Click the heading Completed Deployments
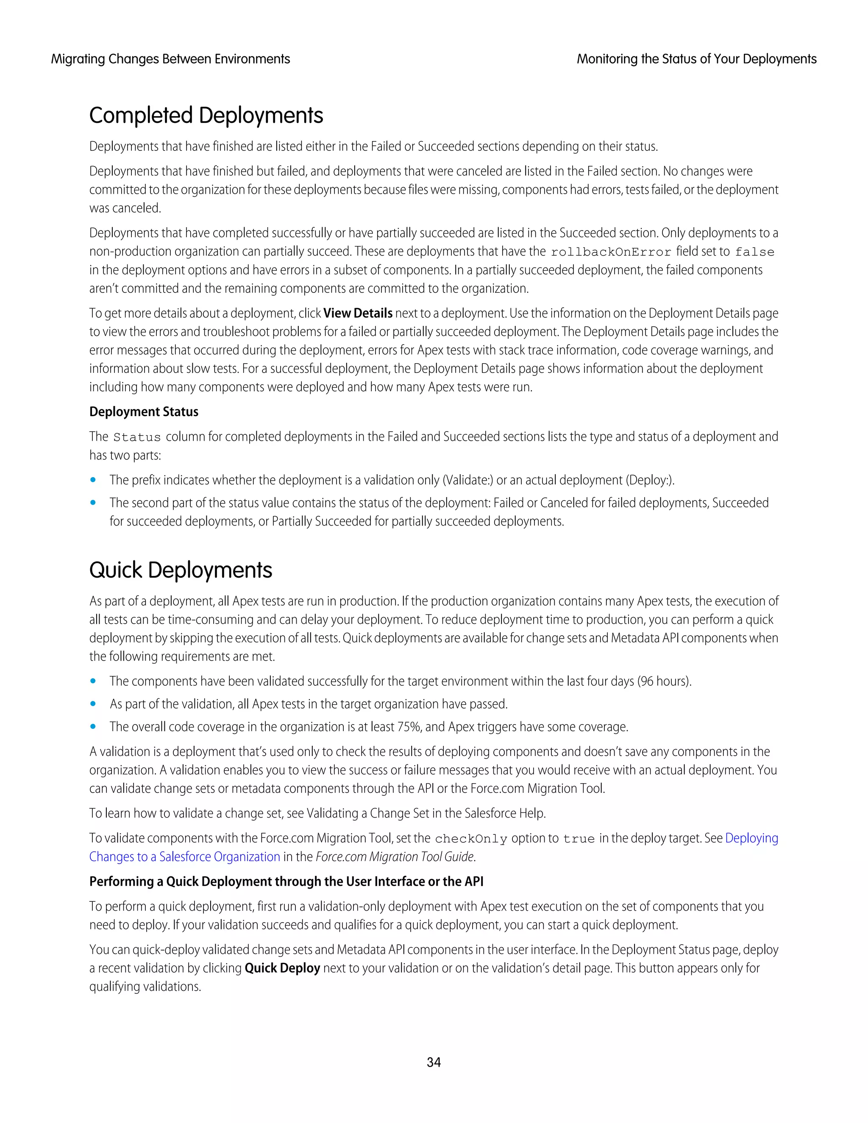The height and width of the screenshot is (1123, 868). [x=206, y=115]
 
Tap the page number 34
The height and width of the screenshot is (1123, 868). [x=434, y=1062]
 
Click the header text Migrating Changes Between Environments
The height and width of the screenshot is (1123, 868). [x=170, y=59]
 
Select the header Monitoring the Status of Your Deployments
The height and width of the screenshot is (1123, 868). [x=696, y=59]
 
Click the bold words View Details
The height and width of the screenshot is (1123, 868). [x=358, y=313]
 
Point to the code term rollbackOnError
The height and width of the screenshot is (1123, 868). [x=611, y=252]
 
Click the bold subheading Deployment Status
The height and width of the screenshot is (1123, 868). [x=144, y=411]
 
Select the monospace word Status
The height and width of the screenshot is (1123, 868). [x=137, y=437]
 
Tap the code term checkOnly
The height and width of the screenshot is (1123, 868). [x=471, y=839]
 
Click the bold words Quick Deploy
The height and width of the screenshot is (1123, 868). [x=282, y=968]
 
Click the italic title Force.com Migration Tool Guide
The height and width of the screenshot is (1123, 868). [x=395, y=856]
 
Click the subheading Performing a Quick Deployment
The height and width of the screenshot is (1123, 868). [x=286, y=881]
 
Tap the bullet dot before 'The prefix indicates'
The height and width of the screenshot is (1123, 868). [x=93, y=480]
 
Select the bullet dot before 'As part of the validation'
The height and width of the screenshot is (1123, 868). [x=93, y=704]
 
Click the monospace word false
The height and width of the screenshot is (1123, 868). [x=754, y=252]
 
